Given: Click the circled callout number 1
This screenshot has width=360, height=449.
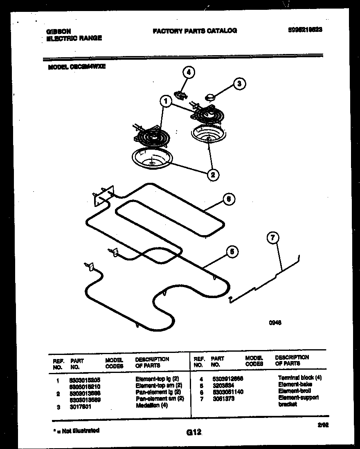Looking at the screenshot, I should (166, 101).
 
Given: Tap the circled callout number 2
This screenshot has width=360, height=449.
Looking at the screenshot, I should (212, 175).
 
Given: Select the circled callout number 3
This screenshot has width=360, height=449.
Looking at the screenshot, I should (240, 84).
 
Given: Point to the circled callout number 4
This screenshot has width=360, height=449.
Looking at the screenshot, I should (188, 73).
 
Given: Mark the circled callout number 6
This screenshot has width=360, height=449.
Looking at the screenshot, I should (229, 199).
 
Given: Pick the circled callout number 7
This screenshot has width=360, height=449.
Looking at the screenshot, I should (273, 238).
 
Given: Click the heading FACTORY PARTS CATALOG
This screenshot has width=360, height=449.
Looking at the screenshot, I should (195, 31).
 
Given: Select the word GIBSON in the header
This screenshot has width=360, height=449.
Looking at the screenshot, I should (59, 31).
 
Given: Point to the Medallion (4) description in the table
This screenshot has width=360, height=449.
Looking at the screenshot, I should (151, 405).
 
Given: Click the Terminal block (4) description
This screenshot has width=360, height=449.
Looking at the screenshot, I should (300, 378).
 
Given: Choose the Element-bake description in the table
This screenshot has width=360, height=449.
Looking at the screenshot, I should (295, 384).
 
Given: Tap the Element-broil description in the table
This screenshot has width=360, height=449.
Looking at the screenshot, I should (295, 391).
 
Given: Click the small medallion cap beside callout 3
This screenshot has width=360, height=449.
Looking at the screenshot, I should (211, 97).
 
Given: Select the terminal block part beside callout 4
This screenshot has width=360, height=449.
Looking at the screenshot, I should (180, 95).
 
